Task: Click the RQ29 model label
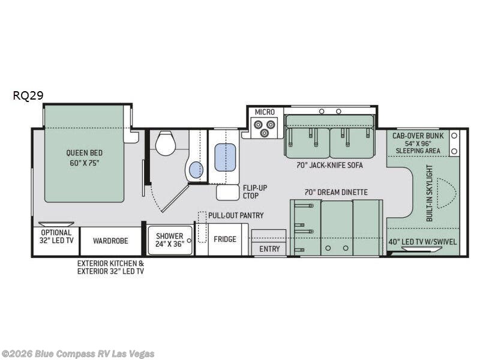pos(28,95)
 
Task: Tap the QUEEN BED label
pos(84,158)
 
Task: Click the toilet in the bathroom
pos(166,143)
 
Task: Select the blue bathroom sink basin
pos(196,170)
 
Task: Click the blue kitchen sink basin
pos(225,157)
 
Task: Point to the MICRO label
pos(265,112)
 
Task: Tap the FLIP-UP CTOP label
pos(255,191)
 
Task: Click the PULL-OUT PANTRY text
pos(236,215)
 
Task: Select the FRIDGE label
pos(225,239)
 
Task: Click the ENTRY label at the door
pos(269,249)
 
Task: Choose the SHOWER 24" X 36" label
pos(169,240)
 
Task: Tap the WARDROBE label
pos(110,241)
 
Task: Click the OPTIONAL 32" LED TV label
pos(56,236)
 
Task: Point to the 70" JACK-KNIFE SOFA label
pos(329,166)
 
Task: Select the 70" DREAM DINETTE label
pos(336,192)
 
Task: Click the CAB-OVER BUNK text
pos(418,136)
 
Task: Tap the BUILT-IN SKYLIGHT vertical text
pos(430,193)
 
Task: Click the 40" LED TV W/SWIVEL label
pos(422,242)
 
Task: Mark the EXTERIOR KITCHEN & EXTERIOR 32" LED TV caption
pos(110,267)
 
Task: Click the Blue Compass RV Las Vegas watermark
pos(77,354)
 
